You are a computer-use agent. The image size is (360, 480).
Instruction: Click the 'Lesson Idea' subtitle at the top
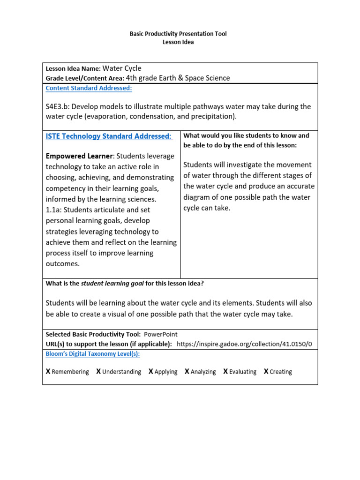point(178,42)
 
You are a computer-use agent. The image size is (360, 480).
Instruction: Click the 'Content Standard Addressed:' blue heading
point(89,88)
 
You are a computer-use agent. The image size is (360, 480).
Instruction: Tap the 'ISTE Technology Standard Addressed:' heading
point(109,136)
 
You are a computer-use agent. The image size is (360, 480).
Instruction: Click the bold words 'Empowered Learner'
point(79,156)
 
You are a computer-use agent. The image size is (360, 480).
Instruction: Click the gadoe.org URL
point(244,344)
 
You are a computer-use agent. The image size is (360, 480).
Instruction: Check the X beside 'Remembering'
point(48,371)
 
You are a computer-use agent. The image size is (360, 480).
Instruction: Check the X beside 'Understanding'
point(98,371)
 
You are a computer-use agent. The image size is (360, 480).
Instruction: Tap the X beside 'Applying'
point(151,371)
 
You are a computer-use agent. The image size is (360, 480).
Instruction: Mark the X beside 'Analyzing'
point(187,371)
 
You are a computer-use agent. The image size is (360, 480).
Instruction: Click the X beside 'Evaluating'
point(225,371)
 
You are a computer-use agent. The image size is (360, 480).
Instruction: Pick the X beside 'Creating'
point(266,371)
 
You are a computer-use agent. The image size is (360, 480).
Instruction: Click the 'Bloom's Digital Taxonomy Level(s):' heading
point(92,354)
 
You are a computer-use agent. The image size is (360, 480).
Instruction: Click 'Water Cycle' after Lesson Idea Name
point(121,68)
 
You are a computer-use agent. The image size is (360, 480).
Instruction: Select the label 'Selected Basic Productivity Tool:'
point(93,334)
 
